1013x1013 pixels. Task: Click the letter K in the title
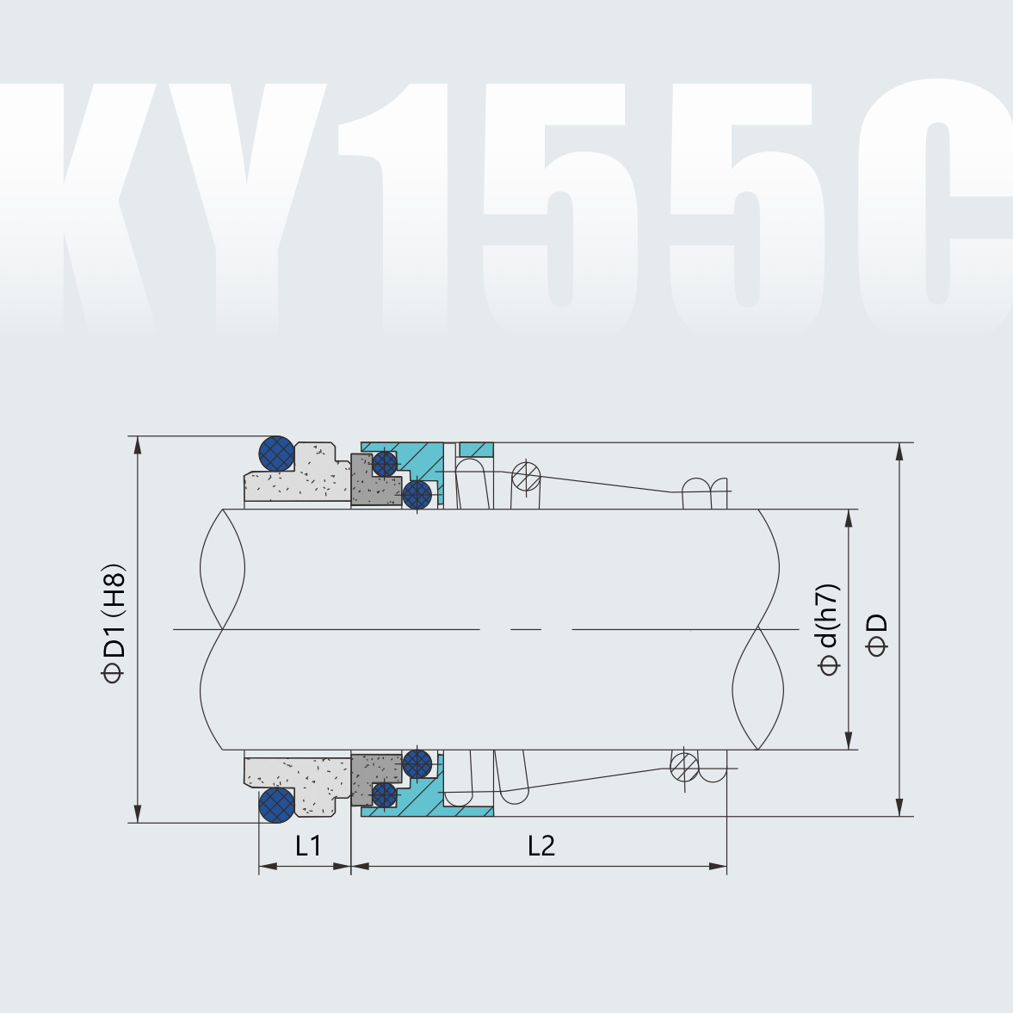coord(108,207)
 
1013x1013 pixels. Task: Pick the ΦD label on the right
coord(877,635)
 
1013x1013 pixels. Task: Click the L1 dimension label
coord(308,846)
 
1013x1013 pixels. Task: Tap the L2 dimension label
coord(540,846)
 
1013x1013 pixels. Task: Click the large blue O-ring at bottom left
coord(277,804)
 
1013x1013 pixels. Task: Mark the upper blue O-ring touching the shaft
coord(417,494)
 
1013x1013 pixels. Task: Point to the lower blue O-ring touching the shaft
coord(417,763)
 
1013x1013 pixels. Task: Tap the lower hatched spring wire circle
coord(684,765)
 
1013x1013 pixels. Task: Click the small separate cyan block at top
coord(476,449)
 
